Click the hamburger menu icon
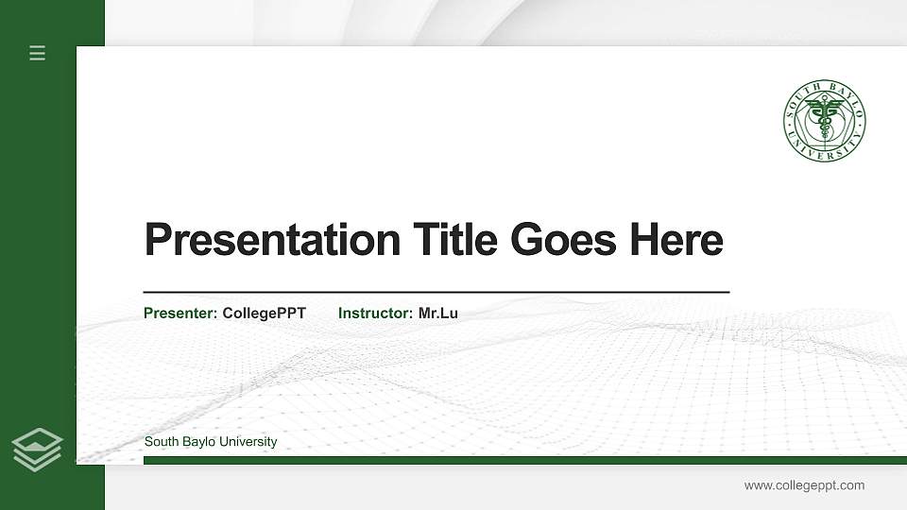(x=38, y=53)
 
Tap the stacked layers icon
(x=38, y=449)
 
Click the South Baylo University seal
(x=824, y=120)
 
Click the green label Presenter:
(x=180, y=313)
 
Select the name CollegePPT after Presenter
(x=264, y=313)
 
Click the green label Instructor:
(x=375, y=313)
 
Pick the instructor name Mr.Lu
(x=437, y=313)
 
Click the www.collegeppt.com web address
(x=804, y=485)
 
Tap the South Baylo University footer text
(x=211, y=442)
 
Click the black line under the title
(x=436, y=293)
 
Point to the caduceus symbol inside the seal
(x=824, y=120)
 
